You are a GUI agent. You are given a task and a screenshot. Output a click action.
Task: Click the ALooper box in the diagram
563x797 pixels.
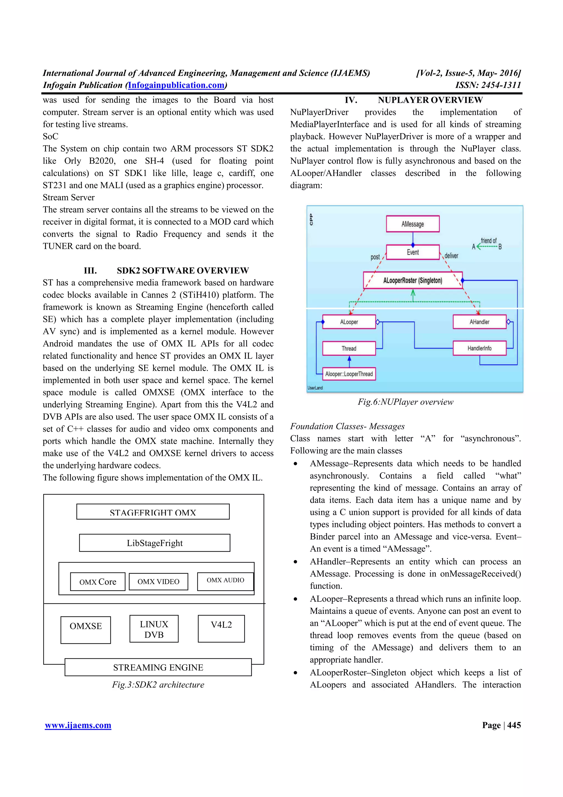(349, 322)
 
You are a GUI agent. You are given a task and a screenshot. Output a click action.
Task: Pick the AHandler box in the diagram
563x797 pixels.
(479, 322)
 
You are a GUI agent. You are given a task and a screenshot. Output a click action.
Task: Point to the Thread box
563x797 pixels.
(349, 348)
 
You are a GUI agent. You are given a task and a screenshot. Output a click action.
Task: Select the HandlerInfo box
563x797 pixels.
(479, 348)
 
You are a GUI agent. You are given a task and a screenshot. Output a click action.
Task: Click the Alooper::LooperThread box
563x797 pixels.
(349, 374)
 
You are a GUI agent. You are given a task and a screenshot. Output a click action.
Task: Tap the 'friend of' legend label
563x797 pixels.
(489, 241)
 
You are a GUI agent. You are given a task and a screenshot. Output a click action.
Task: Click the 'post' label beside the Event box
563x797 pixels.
(375, 257)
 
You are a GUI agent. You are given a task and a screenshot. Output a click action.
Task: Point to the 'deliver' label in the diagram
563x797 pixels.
(451, 256)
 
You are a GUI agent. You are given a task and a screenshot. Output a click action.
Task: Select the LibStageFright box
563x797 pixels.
(155, 543)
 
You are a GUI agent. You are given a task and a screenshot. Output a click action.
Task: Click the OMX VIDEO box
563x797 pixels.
(159, 581)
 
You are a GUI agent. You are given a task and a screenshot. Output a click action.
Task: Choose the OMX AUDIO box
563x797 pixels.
(225, 580)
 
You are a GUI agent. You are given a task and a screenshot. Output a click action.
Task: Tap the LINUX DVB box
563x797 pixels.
(154, 629)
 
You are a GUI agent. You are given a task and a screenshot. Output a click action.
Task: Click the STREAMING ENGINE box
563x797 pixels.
(158, 667)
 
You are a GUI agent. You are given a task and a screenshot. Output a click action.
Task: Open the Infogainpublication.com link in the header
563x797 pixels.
(176, 85)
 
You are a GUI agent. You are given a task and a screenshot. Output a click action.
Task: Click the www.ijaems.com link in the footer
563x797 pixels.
(78, 725)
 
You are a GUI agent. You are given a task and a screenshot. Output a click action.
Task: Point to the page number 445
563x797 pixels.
(514, 725)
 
